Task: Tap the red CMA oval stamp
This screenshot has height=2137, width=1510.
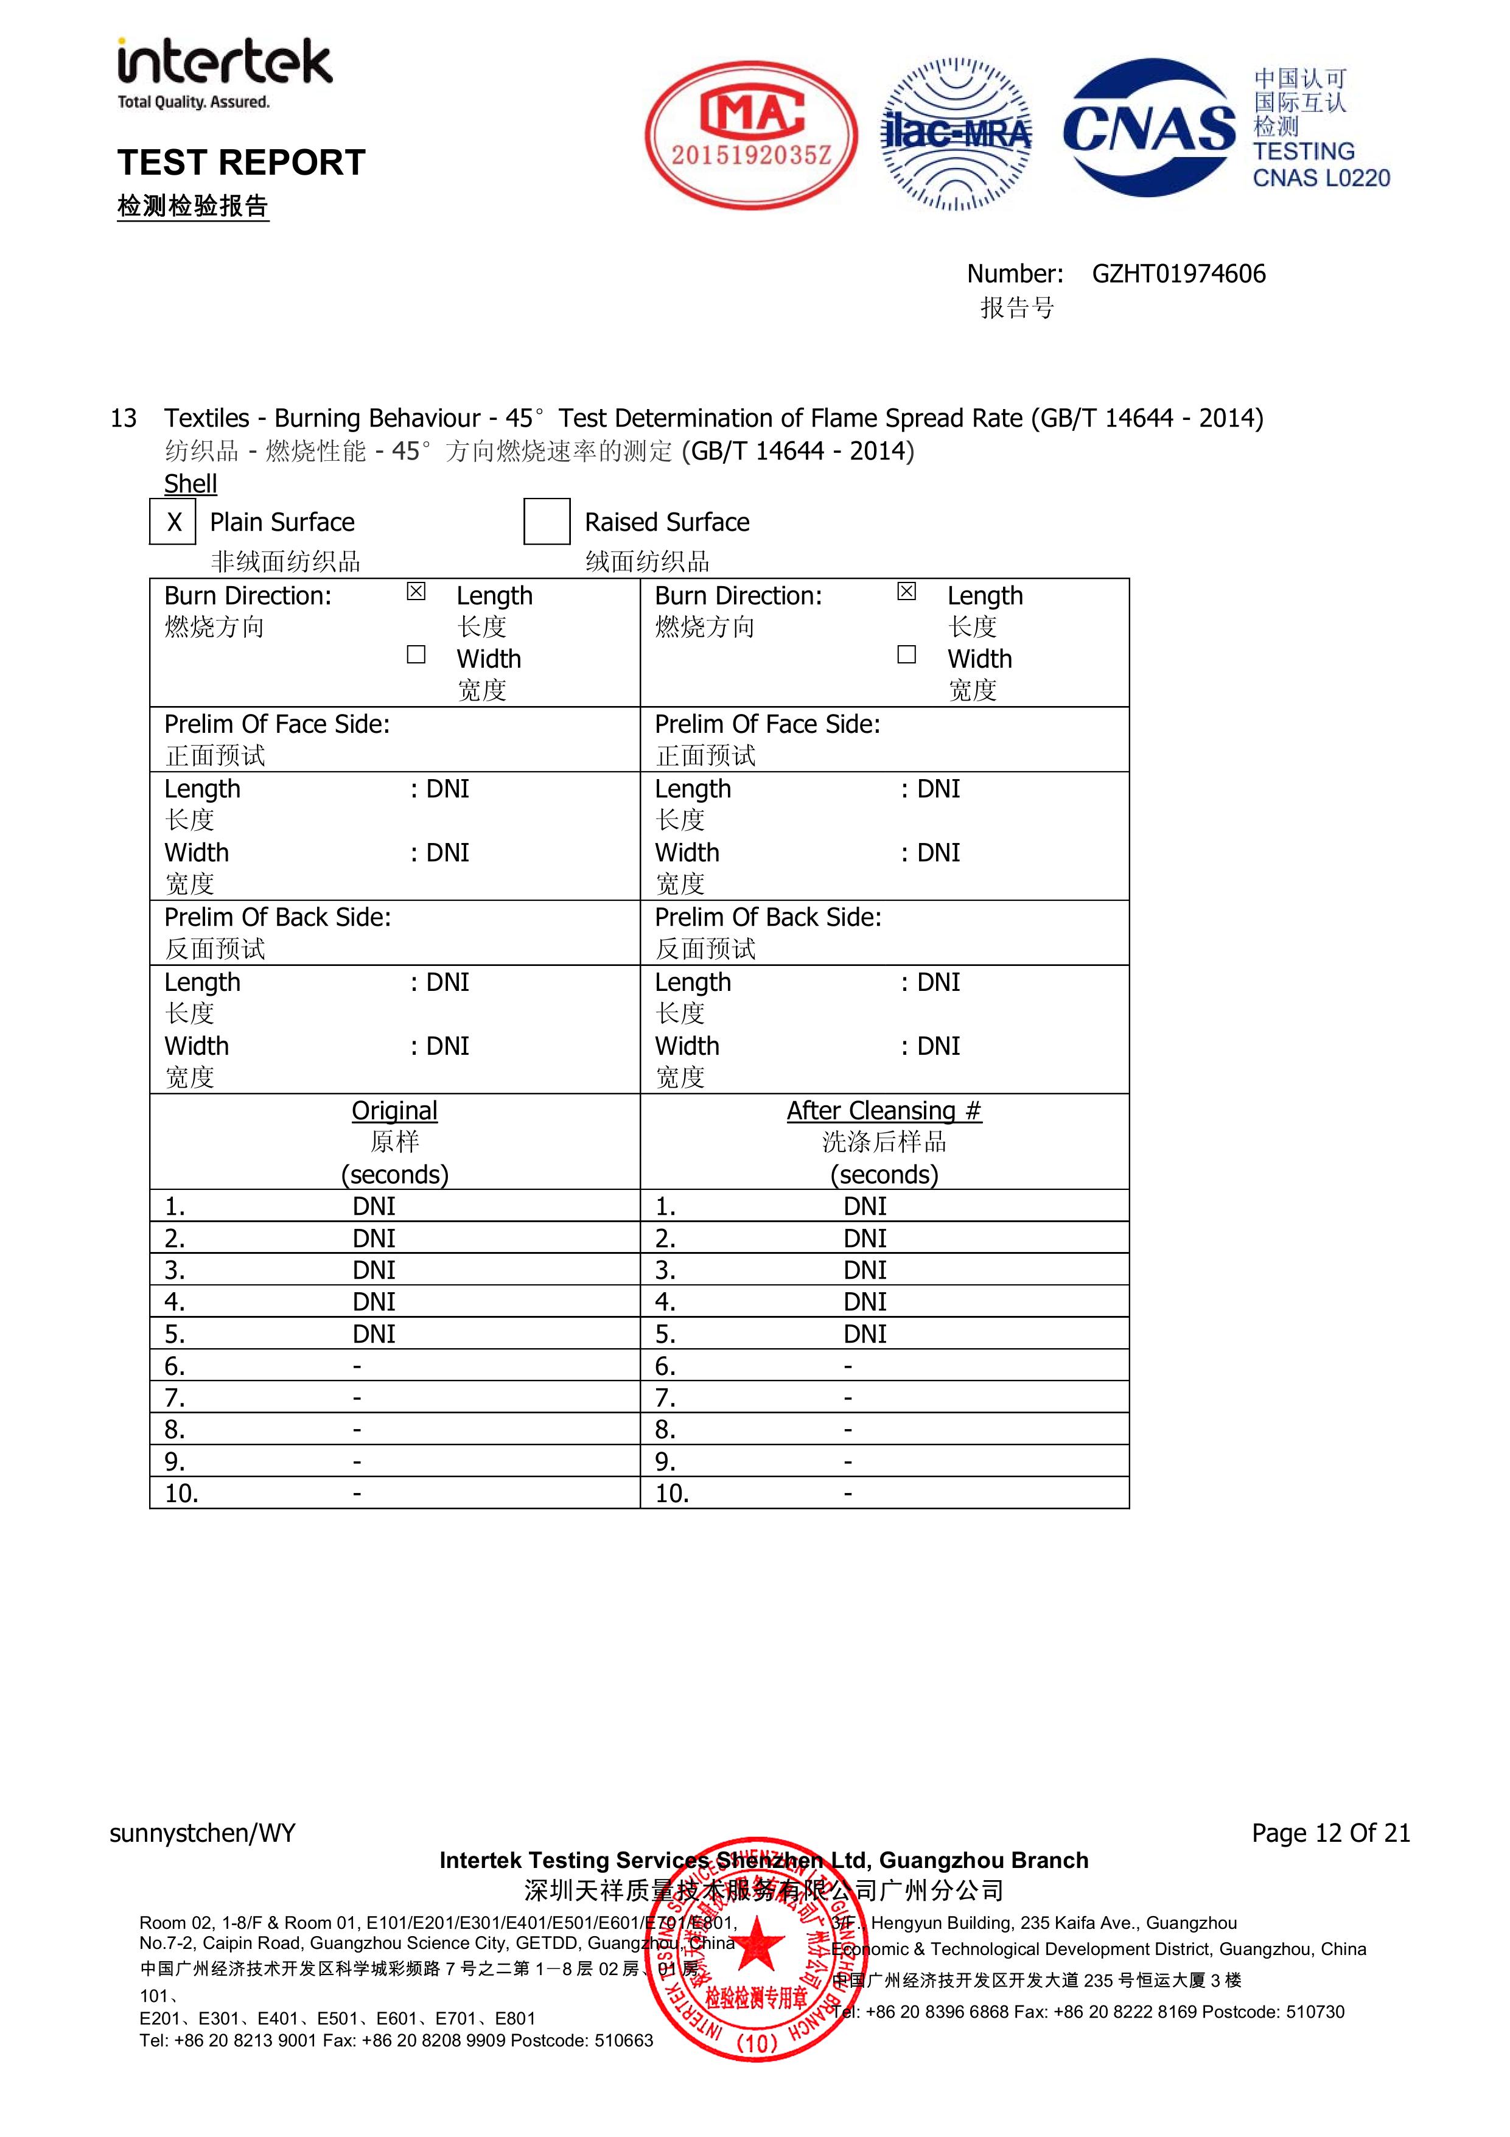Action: (750, 135)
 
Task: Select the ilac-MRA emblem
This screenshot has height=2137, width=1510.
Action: (956, 135)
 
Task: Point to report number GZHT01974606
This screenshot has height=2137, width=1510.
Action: (1178, 274)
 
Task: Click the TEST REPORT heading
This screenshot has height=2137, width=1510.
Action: (241, 163)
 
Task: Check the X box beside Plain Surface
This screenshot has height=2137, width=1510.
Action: (173, 522)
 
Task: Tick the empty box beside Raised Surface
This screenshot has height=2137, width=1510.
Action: (547, 522)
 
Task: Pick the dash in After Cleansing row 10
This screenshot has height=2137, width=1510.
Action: (847, 1494)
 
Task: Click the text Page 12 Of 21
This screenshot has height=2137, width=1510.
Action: (1330, 1833)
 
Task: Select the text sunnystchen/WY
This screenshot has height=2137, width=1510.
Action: (202, 1833)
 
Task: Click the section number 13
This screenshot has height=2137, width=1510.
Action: (123, 419)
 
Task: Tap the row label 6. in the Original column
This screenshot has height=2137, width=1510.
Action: (174, 1366)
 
